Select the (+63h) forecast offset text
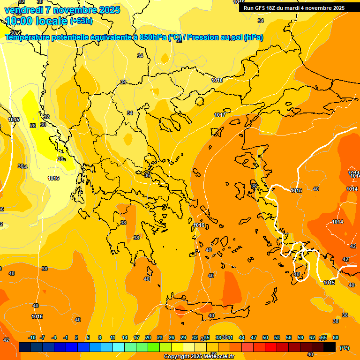tap(81, 21)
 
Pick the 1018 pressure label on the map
tap(217, 80)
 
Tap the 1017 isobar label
tap(219, 115)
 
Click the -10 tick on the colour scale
tap(32, 337)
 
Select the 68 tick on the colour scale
tap(336, 337)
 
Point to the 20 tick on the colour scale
tap(148, 337)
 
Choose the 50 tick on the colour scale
tap(265, 337)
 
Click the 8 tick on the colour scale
tap(100, 337)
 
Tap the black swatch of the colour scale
tap(330, 347)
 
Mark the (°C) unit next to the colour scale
tap(345, 347)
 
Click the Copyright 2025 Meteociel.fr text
tap(199, 357)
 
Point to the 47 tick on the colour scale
tap(254, 337)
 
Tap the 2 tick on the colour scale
tap(76, 337)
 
